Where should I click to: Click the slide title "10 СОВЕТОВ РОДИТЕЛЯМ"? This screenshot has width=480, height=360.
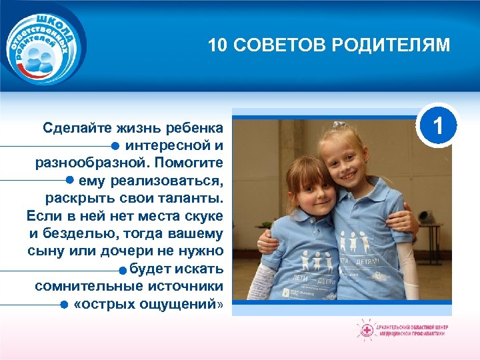click(329, 45)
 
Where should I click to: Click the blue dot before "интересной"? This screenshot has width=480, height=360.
click(115, 145)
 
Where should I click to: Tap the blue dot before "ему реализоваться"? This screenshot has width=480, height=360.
click(69, 180)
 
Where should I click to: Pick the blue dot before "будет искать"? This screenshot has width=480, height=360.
click(122, 270)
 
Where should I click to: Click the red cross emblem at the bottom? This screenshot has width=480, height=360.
click(366, 329)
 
